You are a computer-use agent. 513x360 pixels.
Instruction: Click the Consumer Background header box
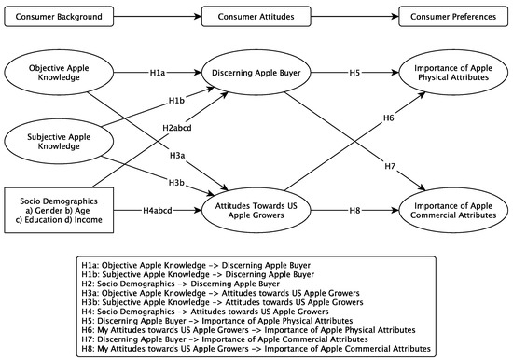tap(57, 16)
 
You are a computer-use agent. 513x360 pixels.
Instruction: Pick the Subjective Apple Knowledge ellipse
tap(57, 141)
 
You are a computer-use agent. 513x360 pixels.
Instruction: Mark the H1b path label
tap(175, 99)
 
